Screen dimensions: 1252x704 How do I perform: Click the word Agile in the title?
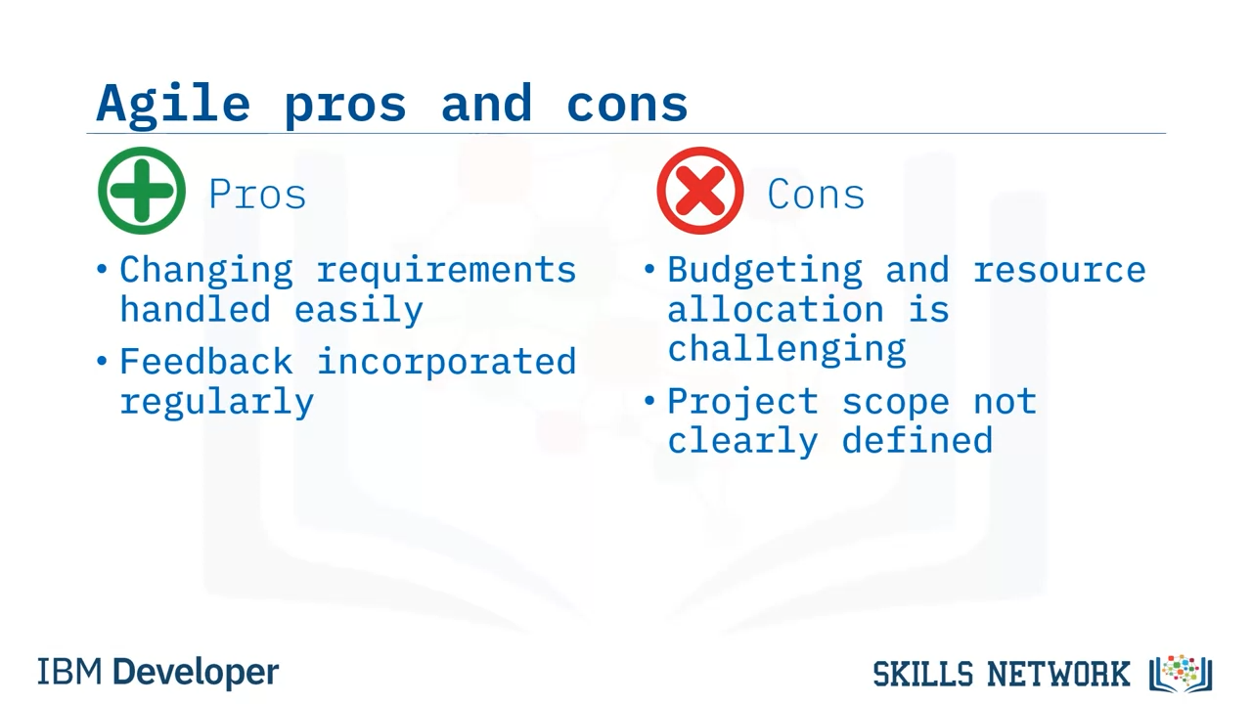click(173, 105)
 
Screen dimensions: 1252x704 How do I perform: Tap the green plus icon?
click(142, 191)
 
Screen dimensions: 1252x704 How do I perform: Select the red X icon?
click(699, 191)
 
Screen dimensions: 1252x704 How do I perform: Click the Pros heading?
click(257, 195)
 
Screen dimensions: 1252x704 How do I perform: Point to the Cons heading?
click(816, 195)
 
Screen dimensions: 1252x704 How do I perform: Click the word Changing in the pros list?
click(206, 272)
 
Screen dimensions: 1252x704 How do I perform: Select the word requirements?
click(447, 272)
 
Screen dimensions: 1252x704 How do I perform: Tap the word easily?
click(359, 311)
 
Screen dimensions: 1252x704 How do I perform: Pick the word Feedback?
click(206, 362)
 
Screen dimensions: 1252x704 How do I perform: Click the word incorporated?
click(447, 363)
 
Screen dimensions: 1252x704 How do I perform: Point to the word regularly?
click(217, 403)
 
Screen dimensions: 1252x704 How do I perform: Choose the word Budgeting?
click(765, 272)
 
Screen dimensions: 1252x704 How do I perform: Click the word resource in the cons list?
click(1059, 272)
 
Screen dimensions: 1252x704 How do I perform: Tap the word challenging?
click(786, 350)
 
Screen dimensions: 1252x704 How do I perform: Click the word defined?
click(917, 440)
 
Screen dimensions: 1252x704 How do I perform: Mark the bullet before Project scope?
click(648, 401)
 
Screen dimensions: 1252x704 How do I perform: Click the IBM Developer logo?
click(157, 672)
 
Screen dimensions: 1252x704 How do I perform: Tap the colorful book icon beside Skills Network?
click(1181, 674)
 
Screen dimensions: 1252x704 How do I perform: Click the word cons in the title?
click(627, 105)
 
